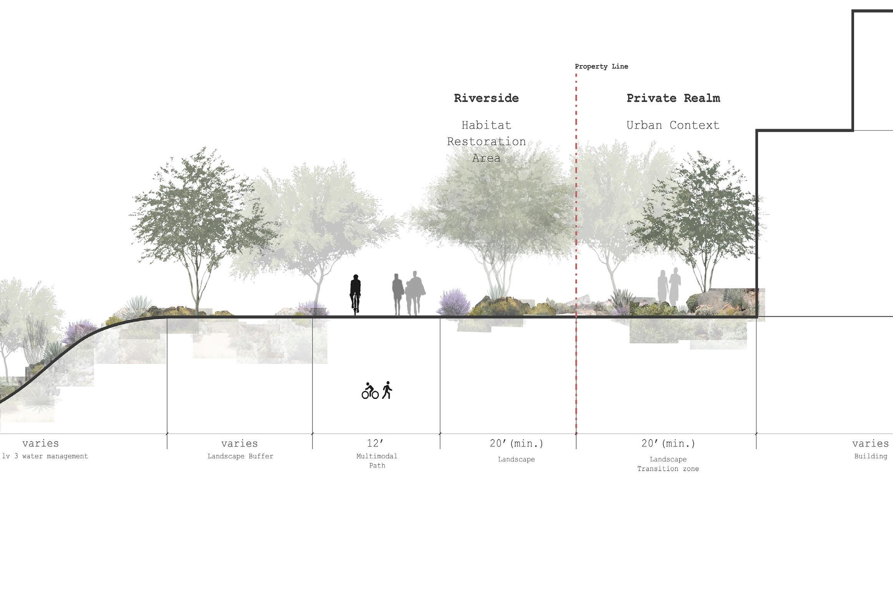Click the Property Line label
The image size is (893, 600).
[601, 66]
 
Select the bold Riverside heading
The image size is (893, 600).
[486, 98]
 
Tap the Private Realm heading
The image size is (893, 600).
[673, 98]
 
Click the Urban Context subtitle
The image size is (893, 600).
[673, 125]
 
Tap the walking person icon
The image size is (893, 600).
[387, 390]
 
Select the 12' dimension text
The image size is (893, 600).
[375, 443]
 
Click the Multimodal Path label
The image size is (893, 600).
[377, 461]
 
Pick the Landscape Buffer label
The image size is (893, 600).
[240, 456]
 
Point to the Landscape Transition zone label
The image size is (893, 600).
[668, 464]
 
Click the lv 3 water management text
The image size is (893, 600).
[45, 456]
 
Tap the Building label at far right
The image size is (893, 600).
[870, 456]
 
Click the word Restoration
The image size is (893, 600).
[486, 142]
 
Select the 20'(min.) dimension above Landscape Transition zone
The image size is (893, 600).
[668, 443]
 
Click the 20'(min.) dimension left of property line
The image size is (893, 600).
[516, 443]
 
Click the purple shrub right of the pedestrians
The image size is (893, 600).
[453, 302]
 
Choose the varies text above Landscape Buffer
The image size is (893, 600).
[239, 443]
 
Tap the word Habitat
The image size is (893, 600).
[486, 125]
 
